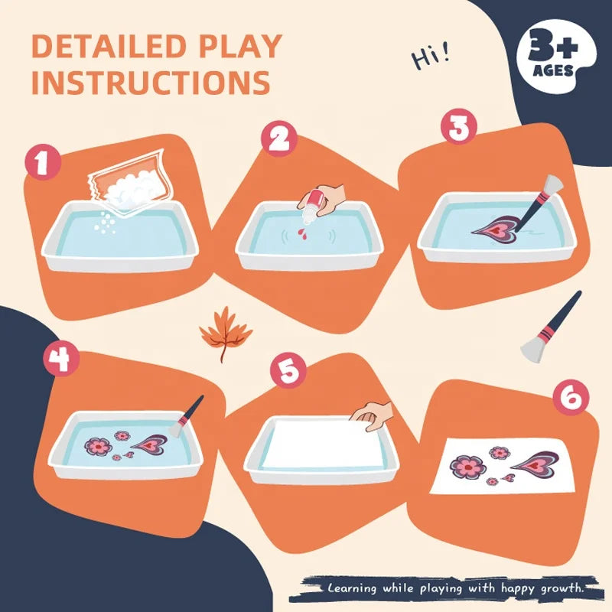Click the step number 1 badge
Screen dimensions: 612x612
[x=43, y=162]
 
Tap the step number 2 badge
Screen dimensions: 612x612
[x=279, y=138]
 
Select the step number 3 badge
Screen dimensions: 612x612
[x=459, y=127]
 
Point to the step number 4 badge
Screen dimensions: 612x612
[x=61, y=358]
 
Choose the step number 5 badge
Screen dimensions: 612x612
[x=289, y=370]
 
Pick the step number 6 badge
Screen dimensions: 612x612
[x=571, y=397]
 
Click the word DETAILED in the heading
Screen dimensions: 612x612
[x=109, y=47]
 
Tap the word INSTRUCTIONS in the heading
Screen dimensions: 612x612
[x=151, y=82]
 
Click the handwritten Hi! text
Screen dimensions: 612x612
[x=431, y=57]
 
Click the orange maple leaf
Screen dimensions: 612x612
[x=225, y=333]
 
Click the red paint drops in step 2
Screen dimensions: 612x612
[x=302, y=233]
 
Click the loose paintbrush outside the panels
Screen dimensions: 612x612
[x=551, y=327]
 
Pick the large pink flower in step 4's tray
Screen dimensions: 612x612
[x=98, y=446]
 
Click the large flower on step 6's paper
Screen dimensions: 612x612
[x=467, y=467]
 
